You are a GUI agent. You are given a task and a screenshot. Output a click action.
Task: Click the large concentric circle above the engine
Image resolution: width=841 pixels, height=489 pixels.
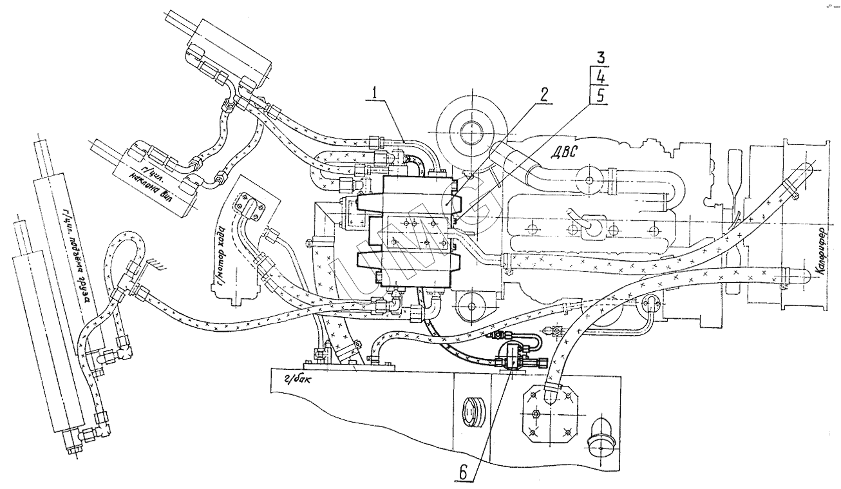[x=469, y=128]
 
